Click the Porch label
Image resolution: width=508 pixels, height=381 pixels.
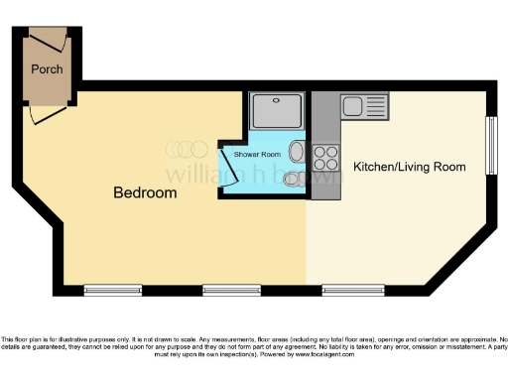[x=47, y=69]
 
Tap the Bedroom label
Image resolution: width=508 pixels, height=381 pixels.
[x=145, y=192]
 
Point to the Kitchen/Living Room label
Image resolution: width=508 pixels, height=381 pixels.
[x=409, y=167]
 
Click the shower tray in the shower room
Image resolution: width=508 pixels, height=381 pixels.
[x=278, y=111]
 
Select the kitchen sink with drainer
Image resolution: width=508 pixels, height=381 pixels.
[x=354, y=105]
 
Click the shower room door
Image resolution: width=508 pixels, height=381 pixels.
[x=230, y=169]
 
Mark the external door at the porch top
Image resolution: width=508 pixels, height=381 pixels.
[x=47, y=36]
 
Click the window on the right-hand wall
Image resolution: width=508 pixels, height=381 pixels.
[x=489, y=147]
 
